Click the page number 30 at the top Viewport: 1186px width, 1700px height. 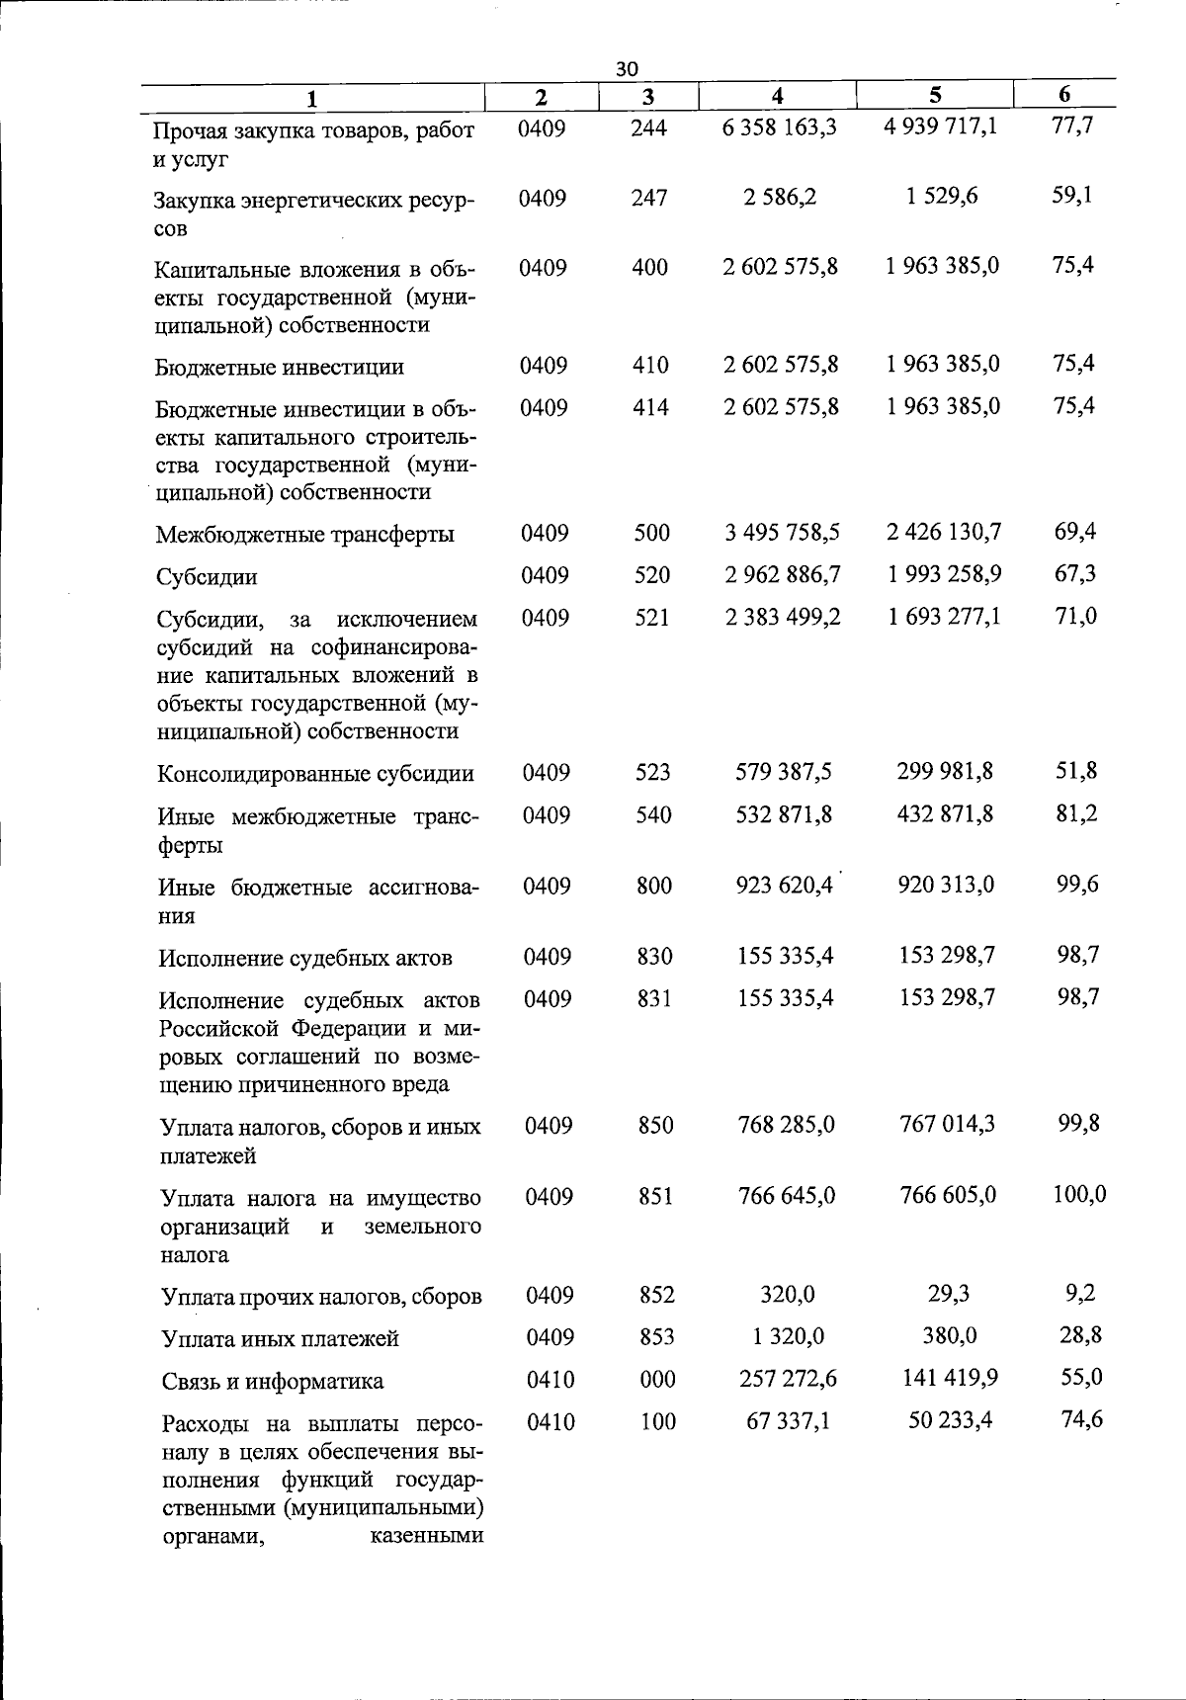(627, 68)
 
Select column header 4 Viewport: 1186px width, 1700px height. (778, 96)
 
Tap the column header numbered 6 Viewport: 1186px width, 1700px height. (1063, 95)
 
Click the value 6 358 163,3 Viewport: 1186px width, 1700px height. (780, 127)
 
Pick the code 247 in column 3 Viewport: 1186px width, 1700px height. (649, 198)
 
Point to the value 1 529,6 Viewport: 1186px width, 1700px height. (942, 196)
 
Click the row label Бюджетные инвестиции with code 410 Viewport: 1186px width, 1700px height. (280, 368)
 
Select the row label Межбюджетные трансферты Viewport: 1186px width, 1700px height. (305, 535)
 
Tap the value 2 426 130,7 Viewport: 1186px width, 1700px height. (944, 532)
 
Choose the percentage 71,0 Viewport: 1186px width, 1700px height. (1075, 616)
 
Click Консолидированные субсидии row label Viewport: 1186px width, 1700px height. (315, 774)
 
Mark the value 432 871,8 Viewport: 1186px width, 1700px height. (946, 813)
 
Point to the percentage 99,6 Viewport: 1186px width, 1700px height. (1077, 884)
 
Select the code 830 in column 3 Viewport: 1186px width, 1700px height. (653, 956)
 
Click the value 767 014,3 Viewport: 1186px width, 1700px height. (948, 1123)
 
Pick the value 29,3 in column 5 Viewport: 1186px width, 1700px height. (950, 1293)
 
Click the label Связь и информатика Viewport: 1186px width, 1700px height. (273, 1382)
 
